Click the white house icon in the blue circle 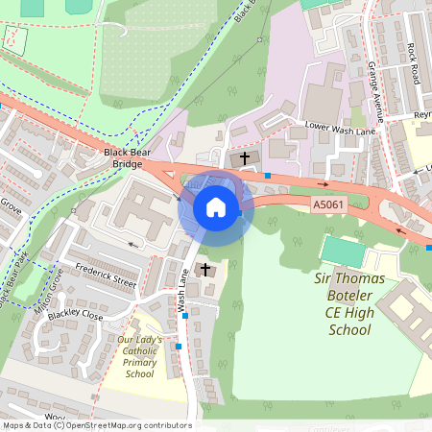(216, 207)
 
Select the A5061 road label (327, 204)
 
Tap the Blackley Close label (77, 314)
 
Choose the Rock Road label (413, 62)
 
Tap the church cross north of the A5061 (244, 156)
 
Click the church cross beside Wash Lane (204, 270)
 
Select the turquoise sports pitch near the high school (344, 252)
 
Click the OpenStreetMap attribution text (96, 425)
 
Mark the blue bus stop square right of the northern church (268, 176)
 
